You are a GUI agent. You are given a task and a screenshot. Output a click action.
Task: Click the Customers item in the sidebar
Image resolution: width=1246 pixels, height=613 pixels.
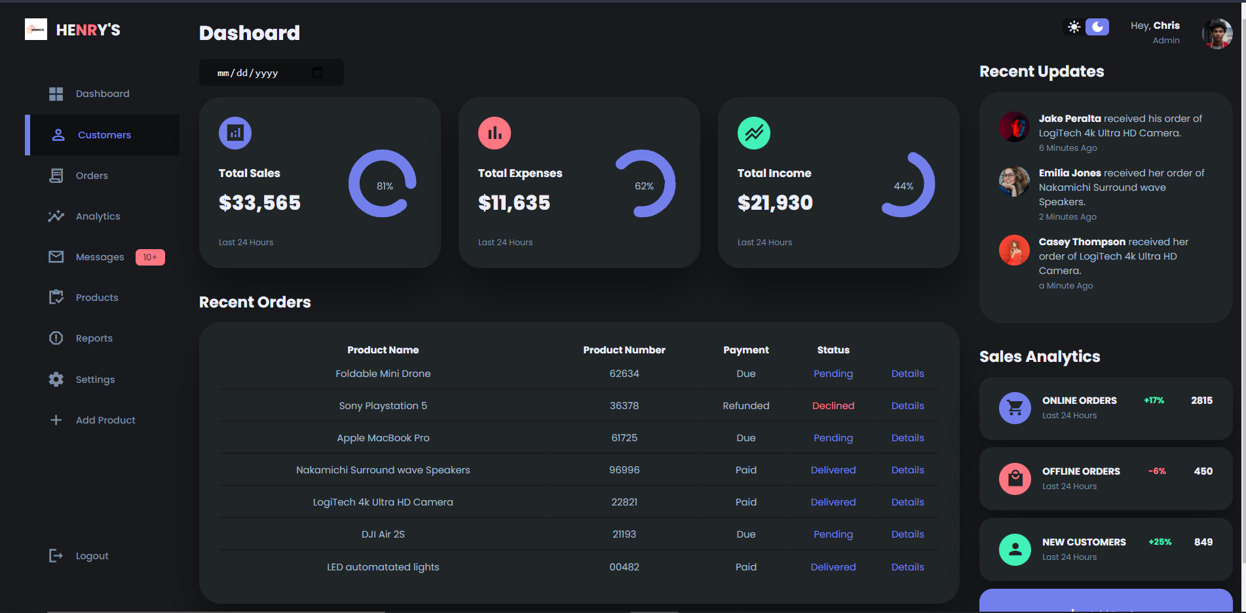click(104, 135)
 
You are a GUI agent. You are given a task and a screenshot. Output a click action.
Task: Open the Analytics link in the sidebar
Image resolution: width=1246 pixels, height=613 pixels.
click(98, 216)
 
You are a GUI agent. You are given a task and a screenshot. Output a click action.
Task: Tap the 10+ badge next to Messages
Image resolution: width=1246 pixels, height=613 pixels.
click(150, 257)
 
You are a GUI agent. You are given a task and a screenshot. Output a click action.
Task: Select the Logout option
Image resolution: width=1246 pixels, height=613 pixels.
click(92, 556)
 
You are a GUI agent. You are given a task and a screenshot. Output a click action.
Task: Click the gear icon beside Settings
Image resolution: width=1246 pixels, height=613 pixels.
click(56, 380)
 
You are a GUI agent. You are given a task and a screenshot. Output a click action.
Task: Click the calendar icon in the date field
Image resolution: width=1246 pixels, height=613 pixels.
click(318, 73)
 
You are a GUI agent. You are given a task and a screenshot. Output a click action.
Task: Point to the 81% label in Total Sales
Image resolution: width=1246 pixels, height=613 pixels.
click(385, 186)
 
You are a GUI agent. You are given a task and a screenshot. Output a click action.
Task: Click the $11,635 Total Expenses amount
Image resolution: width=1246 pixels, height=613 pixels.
click(514, 203)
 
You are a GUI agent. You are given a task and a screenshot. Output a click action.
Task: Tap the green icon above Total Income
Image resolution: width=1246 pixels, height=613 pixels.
click(753, 133)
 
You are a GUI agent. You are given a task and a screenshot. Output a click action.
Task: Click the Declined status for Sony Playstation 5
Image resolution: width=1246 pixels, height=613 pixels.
click(833, 406)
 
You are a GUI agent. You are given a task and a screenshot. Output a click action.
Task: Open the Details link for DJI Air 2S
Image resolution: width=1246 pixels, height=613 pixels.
click(907, 534)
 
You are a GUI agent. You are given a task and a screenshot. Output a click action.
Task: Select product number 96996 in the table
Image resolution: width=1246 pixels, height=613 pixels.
click(624, 470)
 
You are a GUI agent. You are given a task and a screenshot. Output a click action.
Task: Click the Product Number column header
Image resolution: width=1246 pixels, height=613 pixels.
click(624, 350)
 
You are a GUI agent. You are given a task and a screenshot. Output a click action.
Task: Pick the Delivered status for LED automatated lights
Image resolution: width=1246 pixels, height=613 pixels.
click(833, 567)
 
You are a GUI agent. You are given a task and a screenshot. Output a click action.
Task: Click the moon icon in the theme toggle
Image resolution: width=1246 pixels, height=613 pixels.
click(1097, 27)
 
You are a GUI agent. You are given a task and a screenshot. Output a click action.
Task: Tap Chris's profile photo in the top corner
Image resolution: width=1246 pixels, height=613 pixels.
click(1217, 33)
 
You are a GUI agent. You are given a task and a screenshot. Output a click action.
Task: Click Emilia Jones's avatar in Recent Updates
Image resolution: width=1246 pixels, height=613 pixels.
click(1014, 182)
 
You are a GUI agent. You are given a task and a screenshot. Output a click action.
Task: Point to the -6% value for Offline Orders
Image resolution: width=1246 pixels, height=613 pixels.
click(1157, 471)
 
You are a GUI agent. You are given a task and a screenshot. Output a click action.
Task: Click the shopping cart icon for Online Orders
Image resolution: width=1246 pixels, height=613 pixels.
click(1015, 408)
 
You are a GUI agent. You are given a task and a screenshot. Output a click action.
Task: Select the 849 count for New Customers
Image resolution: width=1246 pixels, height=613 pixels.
click(1203, 542)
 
